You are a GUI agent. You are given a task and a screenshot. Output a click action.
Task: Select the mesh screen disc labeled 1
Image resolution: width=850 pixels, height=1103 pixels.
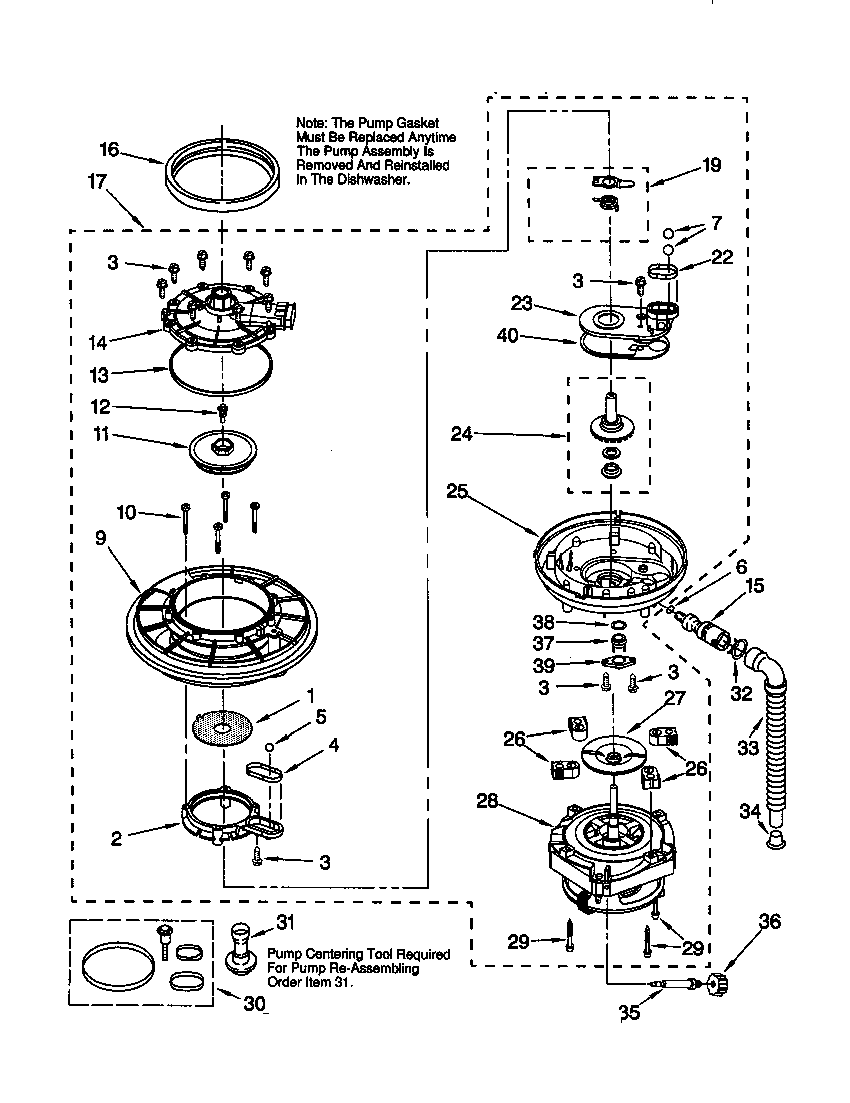[222, 728]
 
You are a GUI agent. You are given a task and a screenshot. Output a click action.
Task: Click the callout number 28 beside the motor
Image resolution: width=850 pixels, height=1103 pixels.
[487, 801]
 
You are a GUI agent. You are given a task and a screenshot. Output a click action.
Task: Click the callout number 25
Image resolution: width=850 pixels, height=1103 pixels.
[457, 491]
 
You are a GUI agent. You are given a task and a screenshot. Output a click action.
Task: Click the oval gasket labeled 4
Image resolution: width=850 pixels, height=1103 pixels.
[264, 772]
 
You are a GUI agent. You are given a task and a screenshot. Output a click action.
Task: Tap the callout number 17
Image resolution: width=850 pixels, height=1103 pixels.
[97, 181]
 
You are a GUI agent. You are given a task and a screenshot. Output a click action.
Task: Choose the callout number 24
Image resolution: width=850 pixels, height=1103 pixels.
[461, 433]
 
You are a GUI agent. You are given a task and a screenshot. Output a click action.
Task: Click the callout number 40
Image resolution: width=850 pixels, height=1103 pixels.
[507, 336]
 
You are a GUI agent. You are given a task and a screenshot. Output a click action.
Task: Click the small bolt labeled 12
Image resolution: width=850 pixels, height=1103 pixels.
[222, 413]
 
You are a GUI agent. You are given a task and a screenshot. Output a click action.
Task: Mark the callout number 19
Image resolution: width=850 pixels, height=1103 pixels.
[712, 165]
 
